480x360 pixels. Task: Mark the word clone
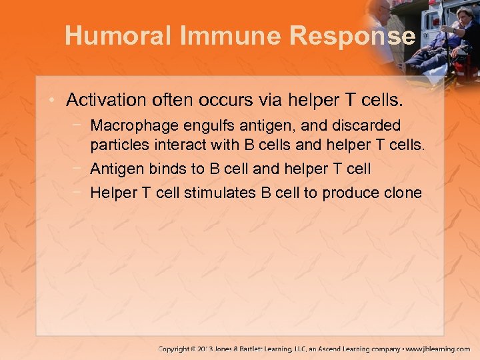tap(403, 193)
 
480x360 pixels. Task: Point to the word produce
tap(347, 193)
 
